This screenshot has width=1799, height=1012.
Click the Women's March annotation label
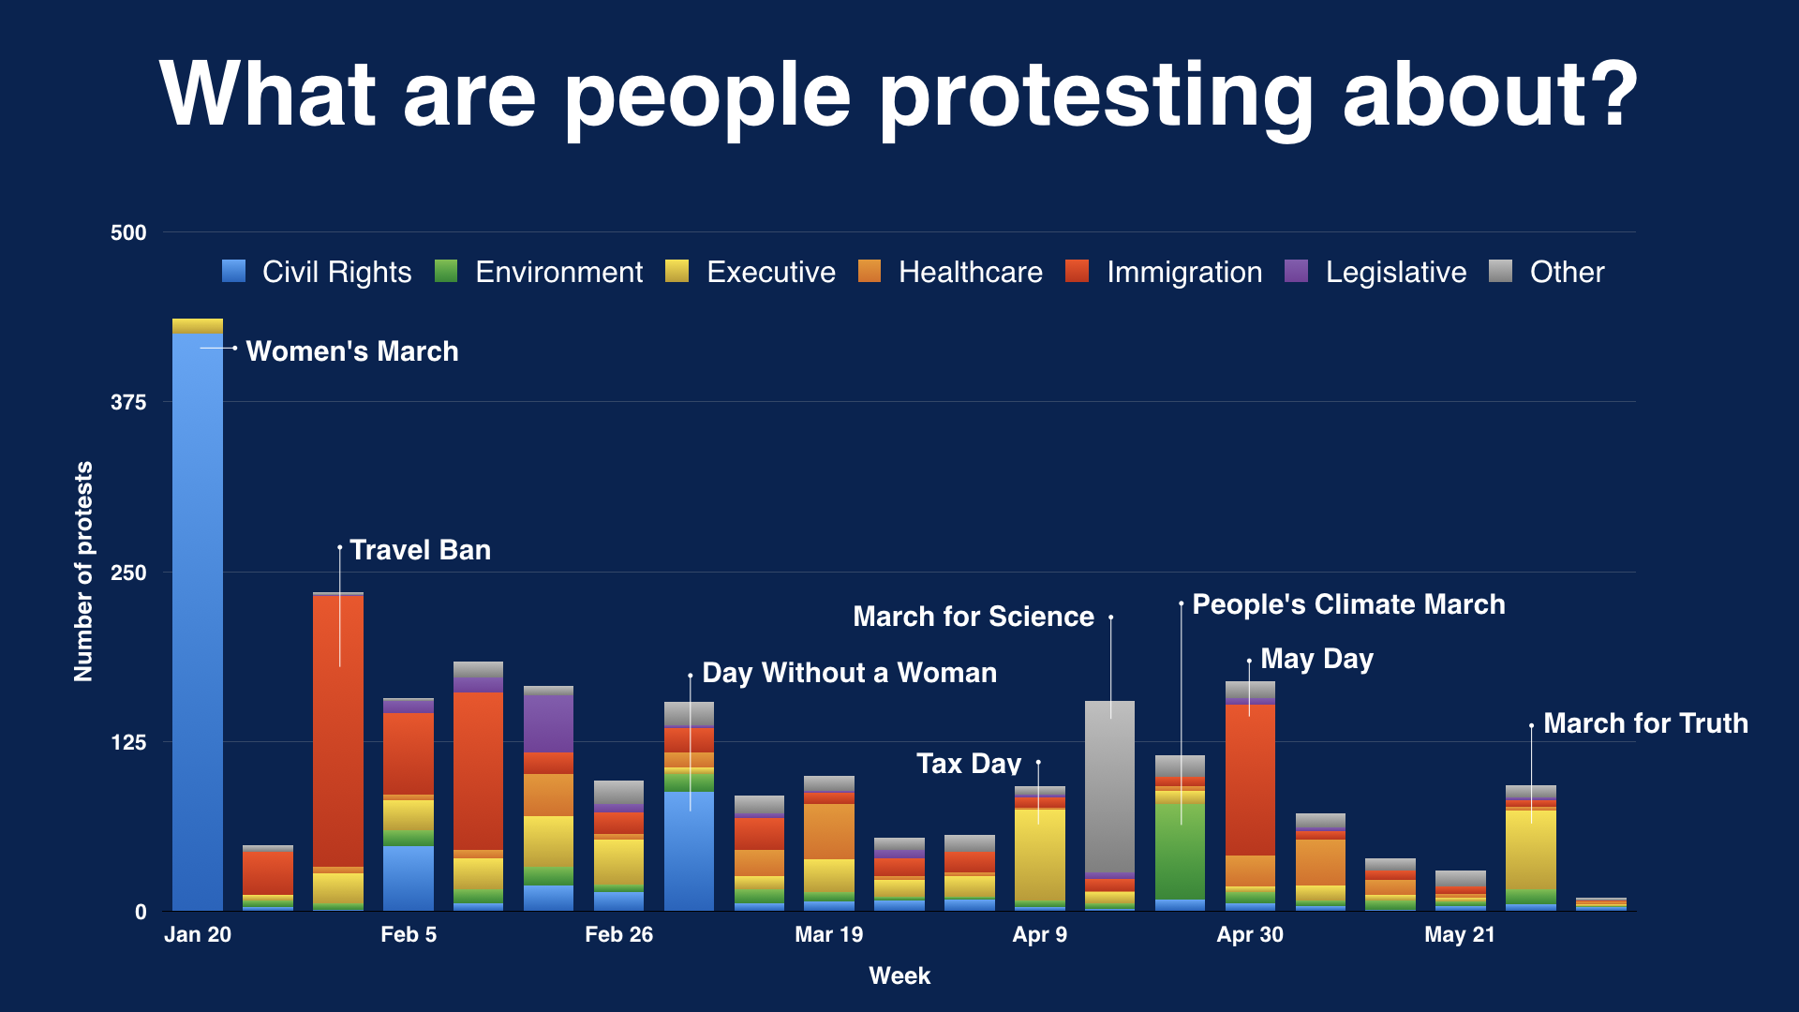click(351, 351)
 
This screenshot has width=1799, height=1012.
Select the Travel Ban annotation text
click(420, 550)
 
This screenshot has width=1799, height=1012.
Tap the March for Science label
click(973, 617)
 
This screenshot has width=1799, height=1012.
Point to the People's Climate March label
click(1347, 604)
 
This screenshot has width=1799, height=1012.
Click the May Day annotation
click(1316, 659)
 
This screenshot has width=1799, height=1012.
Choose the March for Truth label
click(1645, 723)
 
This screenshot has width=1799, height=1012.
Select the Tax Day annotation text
click(968, 764)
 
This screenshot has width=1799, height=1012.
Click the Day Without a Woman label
click(849, 673)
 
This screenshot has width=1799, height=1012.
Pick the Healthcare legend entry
click(970, 272)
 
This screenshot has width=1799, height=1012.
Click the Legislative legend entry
click(1395, 272)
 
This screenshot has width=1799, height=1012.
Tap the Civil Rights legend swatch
click(234, 271)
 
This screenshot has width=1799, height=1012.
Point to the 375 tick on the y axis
click(128, 402)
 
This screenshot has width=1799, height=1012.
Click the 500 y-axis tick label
click(128, 232)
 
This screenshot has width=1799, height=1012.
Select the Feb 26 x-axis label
click(618, 934)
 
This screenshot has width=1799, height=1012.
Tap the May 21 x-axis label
click(1459, 934)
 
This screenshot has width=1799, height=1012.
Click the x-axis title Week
click(899, 975)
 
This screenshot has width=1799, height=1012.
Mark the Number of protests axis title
click(83, 572)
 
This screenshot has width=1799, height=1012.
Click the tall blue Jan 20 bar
click(197, 618)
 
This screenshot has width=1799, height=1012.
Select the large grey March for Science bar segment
click(1109, 787)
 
